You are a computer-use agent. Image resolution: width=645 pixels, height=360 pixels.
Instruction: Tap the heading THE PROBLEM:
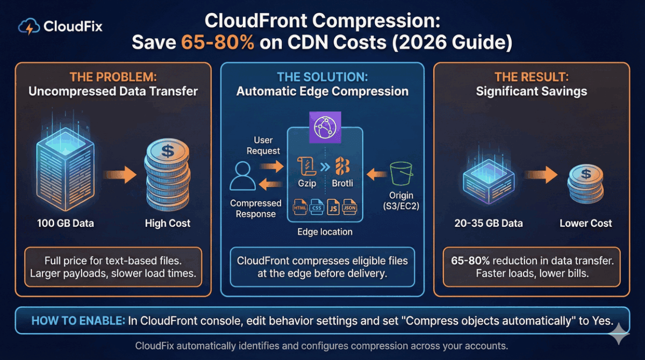click(x=113, y=77)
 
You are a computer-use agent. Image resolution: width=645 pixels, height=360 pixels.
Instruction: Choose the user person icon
click(x=243, y=177)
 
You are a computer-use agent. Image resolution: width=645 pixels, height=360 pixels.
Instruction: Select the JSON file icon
click(x=349, y=208)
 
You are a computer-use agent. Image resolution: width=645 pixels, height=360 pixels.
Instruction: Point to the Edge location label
click(x=325, y=232)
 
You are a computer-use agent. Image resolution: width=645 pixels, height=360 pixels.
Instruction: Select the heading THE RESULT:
click(x=531, y=77)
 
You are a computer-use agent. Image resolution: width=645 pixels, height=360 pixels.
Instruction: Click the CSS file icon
click(x=316, y=208)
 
